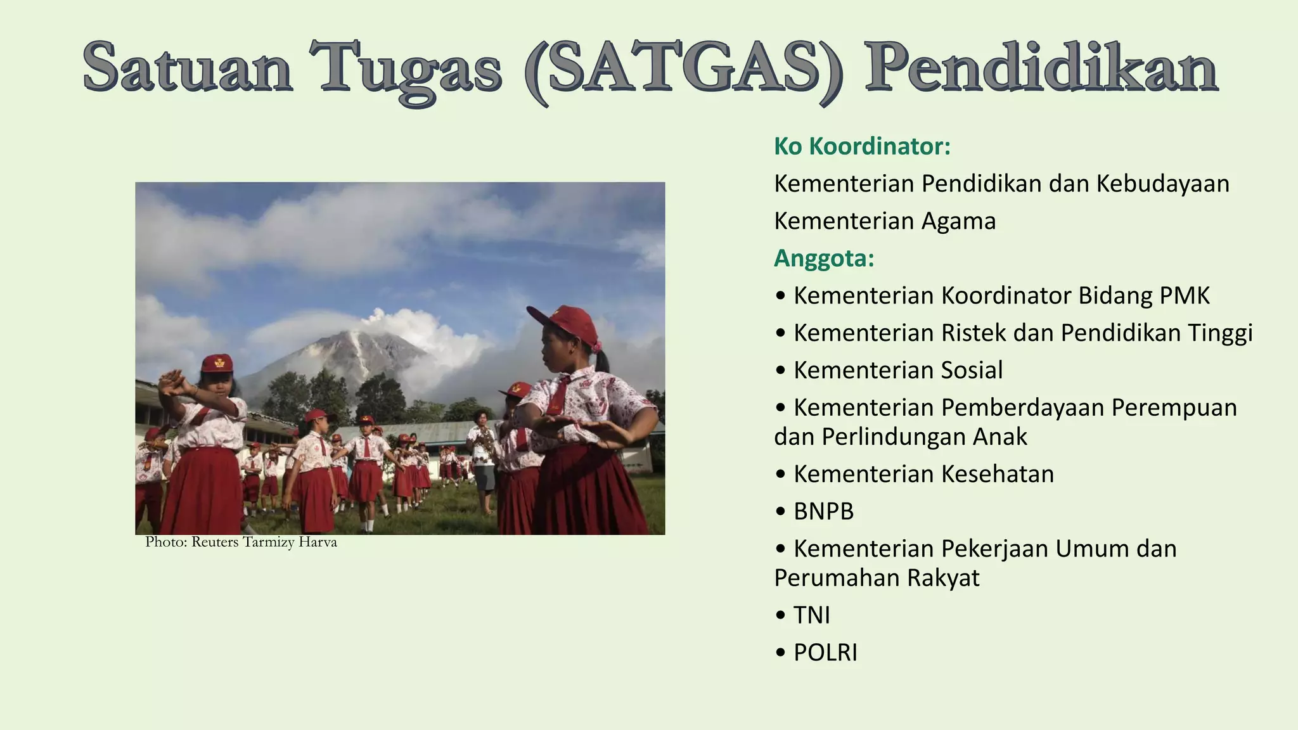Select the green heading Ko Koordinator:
point(862,146)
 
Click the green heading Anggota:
point(824,259)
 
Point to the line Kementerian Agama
point(885,221)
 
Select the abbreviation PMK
point(1185,296)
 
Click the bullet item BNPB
point(823,511)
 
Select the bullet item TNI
point(811,615)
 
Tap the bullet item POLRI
point(825,653)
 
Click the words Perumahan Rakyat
point(877,578)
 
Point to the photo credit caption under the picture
point(241,542)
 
